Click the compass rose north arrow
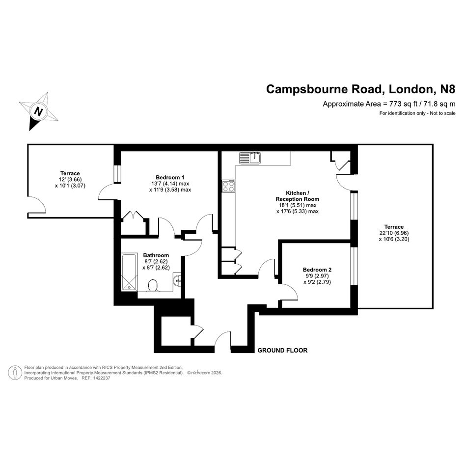38,111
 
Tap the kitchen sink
250,158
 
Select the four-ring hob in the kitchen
229,186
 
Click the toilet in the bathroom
153,286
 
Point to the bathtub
130,272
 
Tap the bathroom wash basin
177,280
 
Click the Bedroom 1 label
170,178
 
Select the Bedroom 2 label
317,270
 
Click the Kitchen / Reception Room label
298,196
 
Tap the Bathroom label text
156,255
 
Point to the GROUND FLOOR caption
282,351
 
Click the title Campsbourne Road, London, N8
361,89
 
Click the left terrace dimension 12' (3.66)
70,180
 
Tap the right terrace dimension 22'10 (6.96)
394,233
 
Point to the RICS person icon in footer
15,373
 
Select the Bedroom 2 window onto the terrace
354,266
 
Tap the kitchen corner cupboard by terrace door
341,161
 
